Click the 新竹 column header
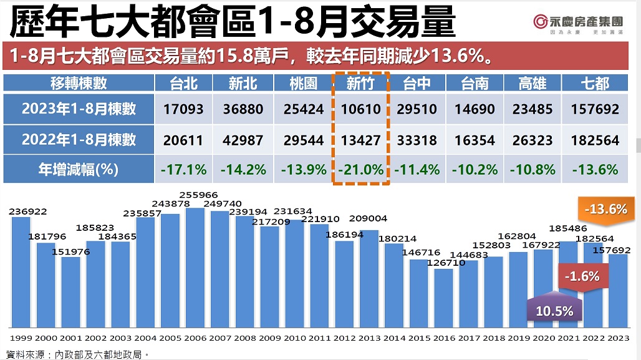pos(360,84)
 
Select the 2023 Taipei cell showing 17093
pos(184,109)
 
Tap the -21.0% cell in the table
pos(360,169)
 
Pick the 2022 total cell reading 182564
pos(594,140)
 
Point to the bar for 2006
pos(195,268)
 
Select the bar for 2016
pos(444,298)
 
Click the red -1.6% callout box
pos(581,276)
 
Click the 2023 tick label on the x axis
pos(617,337)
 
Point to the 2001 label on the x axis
pos(70,337)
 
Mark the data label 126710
pos(443,263)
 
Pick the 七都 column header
pos(594,84)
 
